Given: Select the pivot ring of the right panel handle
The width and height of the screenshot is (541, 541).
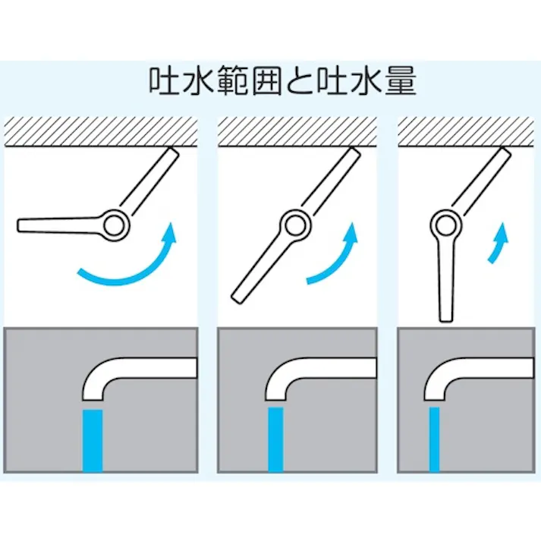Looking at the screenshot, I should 445,225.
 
